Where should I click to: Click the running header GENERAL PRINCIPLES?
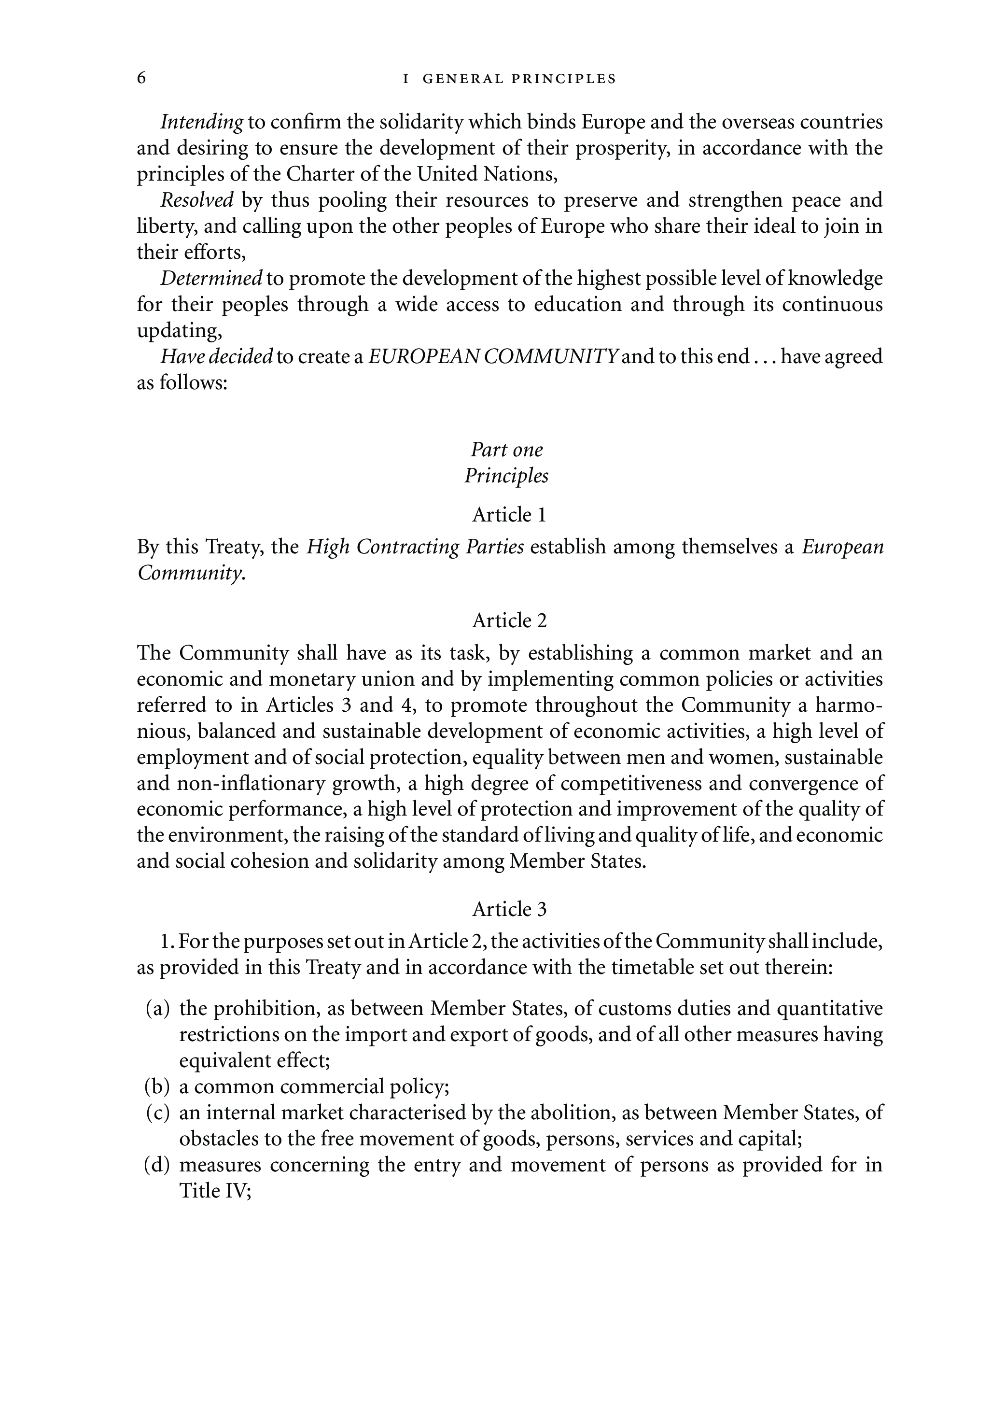point(519,79)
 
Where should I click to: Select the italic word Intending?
point(202,123)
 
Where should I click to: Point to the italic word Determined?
point(211,279)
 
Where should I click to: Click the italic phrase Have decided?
point(217,356)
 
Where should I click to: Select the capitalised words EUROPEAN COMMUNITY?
point(493,356)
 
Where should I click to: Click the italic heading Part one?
point(507,450)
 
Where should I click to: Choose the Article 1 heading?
point(509,515)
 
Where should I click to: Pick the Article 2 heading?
point(509,621)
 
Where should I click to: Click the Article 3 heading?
point(509,909)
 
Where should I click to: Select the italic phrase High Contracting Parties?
point(415,547)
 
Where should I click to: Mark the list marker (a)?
point(158,1008)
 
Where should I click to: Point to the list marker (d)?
point(157,1165)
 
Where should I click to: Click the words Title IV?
point(215,1191)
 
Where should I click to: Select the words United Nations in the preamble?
point(487,175)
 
